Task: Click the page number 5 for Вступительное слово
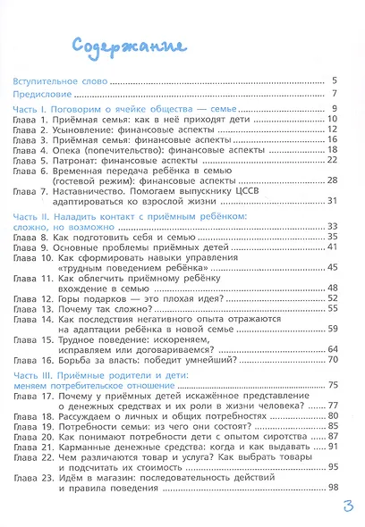click(x=333, y=80)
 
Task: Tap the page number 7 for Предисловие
click(x=333, y=94)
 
